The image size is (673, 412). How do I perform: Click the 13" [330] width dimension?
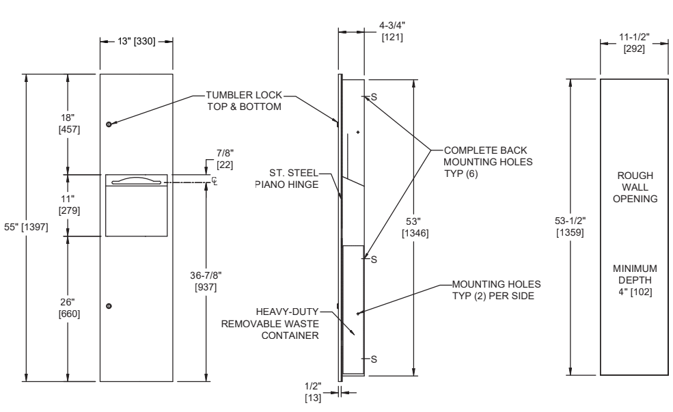tap(136, 42)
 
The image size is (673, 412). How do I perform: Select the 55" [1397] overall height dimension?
tap(25, 227)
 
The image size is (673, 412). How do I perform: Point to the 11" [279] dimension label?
tap(69, 204)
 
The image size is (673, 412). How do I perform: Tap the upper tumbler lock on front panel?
tap(109, 124)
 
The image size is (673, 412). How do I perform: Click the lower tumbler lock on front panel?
tap(109, 305)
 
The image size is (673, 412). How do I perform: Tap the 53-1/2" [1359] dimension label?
tap(568, 227)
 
